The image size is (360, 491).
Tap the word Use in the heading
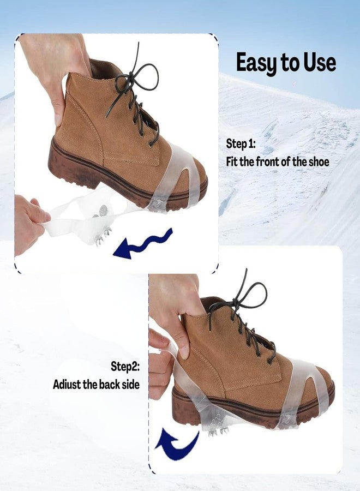tap(320, 62)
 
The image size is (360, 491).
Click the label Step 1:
tap(241, 144)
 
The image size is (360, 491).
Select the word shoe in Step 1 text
tap(319, 161)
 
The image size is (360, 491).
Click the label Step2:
tap(125, 367)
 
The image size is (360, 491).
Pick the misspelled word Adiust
tap(67, 384)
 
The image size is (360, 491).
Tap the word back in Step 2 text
tap(110, 384)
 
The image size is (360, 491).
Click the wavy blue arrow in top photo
tap(142, 244)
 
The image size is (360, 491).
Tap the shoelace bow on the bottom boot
tap(241, 301)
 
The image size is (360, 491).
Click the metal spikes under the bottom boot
tap(219, 433)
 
